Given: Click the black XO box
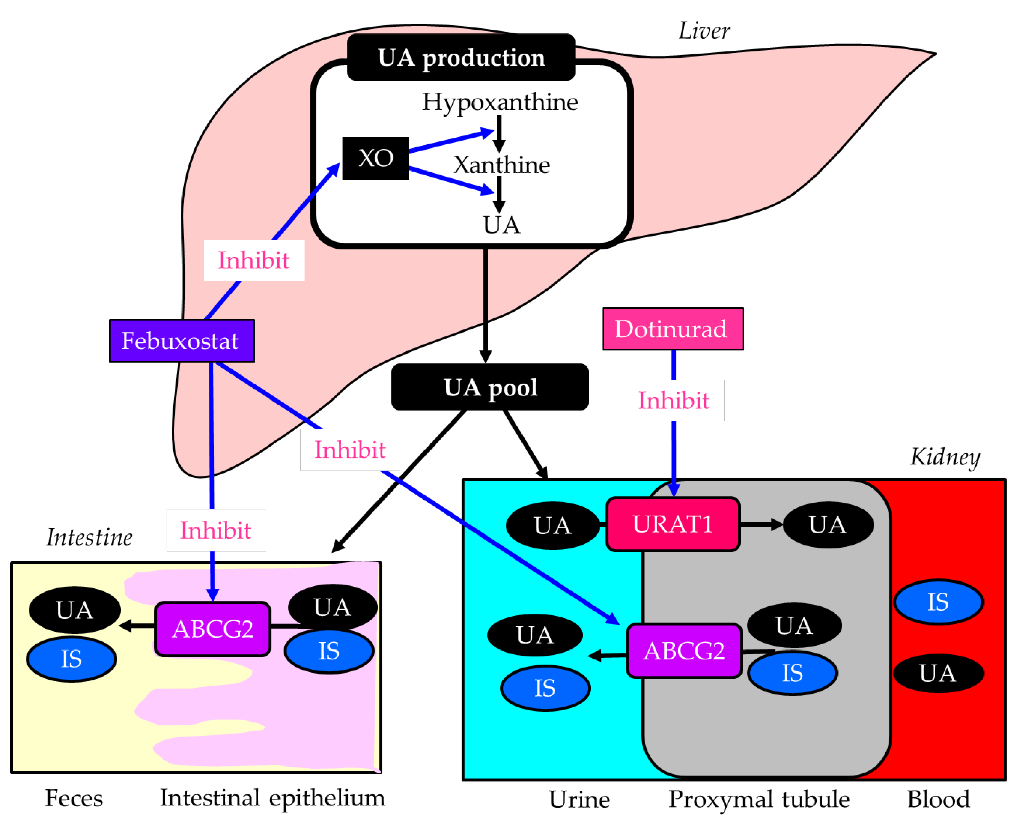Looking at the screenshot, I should tap(375, 158).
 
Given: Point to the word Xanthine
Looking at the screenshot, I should tap(502, 165).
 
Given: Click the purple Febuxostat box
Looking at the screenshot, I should tap(182, 341).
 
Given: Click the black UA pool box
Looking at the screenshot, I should tap(490, 387).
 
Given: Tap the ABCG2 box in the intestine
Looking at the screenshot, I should tap(213, 629).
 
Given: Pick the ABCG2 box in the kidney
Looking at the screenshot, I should tap(684, 651).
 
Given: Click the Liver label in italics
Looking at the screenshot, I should tap(704, 31).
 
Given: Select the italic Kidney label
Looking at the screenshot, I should tap(944, 457).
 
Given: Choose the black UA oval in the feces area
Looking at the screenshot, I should tap(74, 610).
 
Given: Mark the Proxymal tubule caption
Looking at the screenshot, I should tap(758, 799).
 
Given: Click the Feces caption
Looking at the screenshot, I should tap(74, 798).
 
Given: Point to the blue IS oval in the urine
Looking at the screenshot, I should tap(545, 688).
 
